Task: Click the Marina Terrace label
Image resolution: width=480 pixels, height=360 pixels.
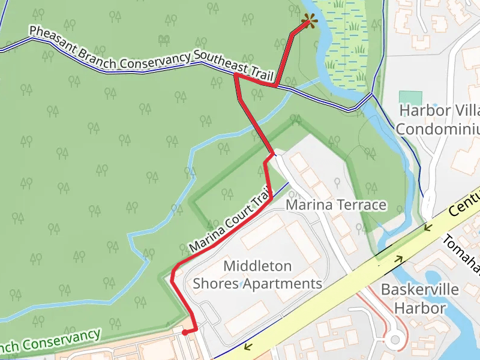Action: [x=336, y=205]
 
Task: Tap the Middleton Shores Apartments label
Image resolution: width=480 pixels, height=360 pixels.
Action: [x=257, y=274]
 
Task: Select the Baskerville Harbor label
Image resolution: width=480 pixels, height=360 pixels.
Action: [x=420, y=299]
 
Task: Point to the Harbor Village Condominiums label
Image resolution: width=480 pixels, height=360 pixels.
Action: [x=439, y=120]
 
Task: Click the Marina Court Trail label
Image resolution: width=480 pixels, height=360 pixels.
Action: [x=228, y=222]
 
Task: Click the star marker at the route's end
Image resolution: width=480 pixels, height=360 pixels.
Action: [x=310, y=22]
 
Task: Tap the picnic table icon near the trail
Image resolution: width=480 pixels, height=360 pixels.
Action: [x=163, y=40]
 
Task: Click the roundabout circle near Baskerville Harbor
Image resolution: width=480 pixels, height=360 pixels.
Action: [x=394, y=340]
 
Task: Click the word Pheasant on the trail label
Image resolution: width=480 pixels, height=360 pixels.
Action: [x=52, y=40]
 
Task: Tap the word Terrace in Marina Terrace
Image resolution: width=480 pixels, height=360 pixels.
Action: [x=361, y=205]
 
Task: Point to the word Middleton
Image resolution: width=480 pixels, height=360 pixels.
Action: [x=257, y=266]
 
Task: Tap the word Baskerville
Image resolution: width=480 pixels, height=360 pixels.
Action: [x=420, y=290]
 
